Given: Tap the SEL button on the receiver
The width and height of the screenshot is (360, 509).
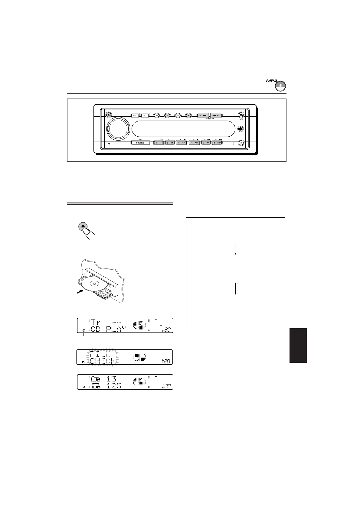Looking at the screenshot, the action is pyautogui.click(x=135, y=115).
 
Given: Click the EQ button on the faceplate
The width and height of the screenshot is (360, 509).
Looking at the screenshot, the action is pyautogui.click(x=145, y=115).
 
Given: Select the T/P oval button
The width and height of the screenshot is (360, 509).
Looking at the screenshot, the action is pyautogui.click(x=156, y=115).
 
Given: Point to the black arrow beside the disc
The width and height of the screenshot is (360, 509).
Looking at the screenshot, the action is pyautogui.click(x=79, y=292).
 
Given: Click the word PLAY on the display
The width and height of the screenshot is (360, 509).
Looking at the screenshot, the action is pyautogui.click(x=116, y=329).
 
